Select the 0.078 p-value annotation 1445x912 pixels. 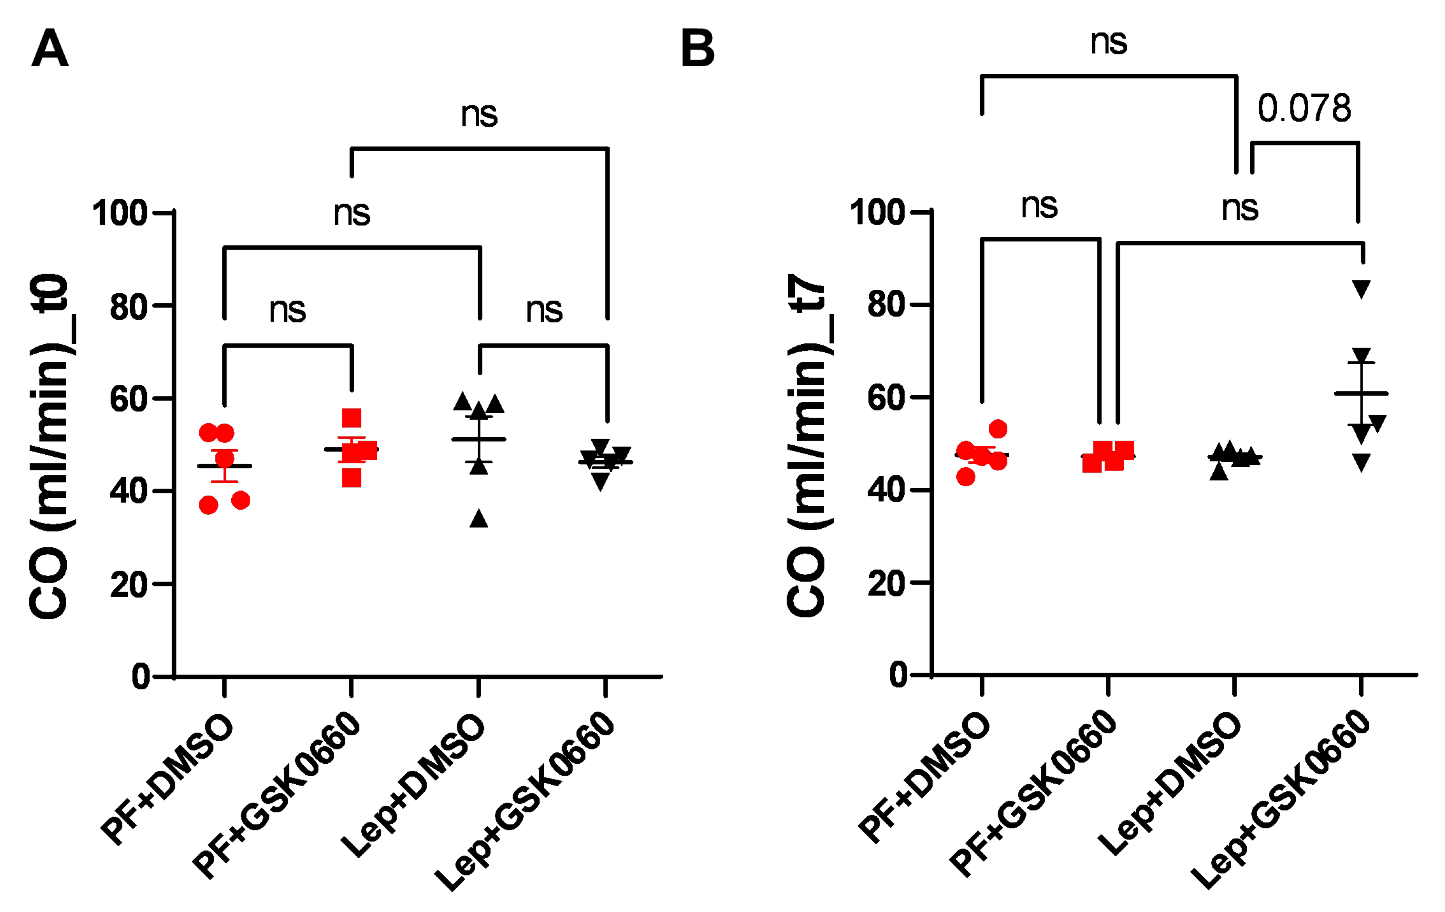pyautogui.click(x=1304, y=109)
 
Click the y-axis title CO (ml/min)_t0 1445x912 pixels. pyautogui.click(x=49, y=447)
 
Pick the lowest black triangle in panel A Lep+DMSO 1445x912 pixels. pyautogui.click(x=478, y=518)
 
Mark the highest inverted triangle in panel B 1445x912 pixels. pyautogui.click(x=1361, y=289)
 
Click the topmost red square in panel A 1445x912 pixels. pyautogui.click(x=352, y=418)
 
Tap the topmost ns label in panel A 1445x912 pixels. pyautogui.click(x=479, y=114)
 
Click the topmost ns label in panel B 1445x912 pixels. pyautogui.click(x=1108, y=42)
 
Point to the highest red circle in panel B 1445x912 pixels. pyautogui.click(x=998, y=429)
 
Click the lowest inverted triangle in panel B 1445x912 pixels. pyautogui.click(x=1361, y=462)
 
